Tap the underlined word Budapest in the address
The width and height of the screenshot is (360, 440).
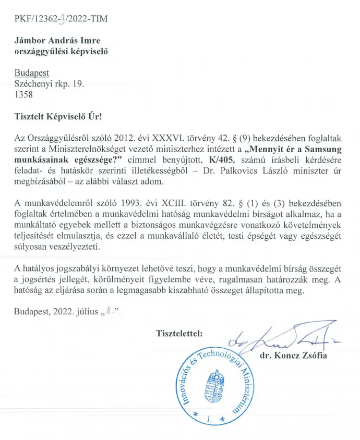click(x=32, y=74)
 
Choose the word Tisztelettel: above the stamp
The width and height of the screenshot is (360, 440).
click(x=179, y=332)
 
